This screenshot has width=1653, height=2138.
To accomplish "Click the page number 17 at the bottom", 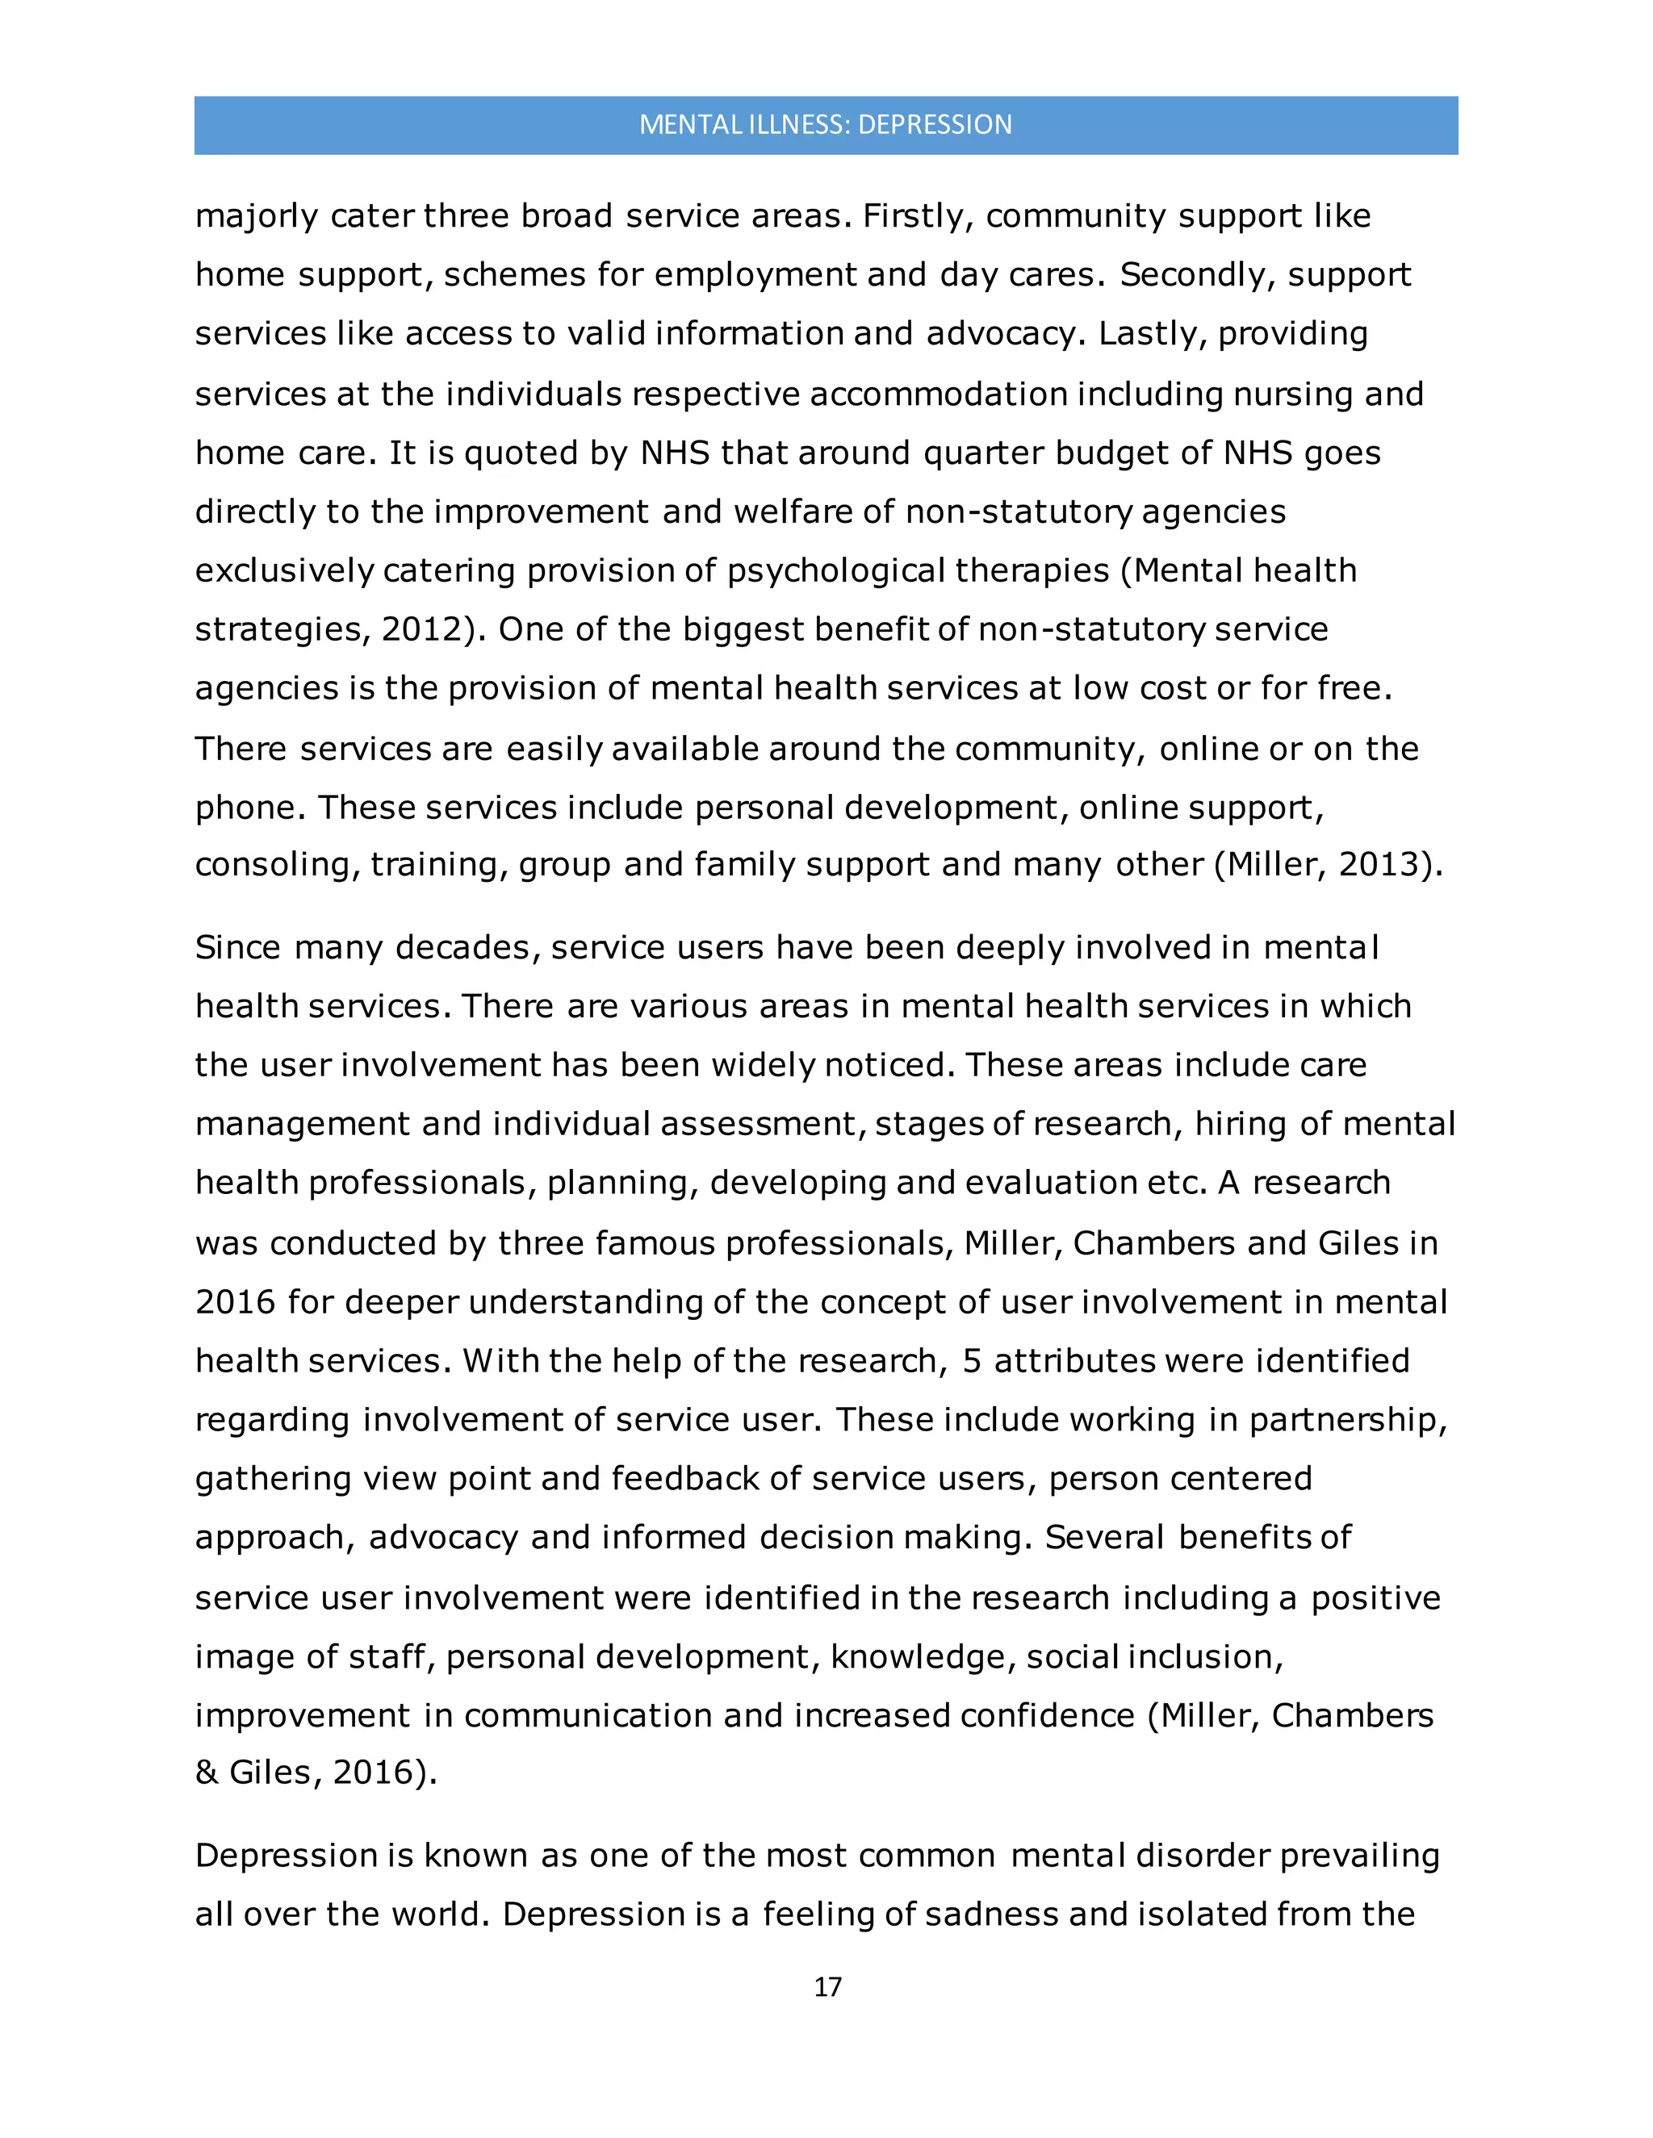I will [x=827, y=1986].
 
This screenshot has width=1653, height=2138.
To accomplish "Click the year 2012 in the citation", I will [x=422, y=628].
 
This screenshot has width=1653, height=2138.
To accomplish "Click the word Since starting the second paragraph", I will [x=237, y=948].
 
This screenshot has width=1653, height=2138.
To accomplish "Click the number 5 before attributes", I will [x=972, y=1361].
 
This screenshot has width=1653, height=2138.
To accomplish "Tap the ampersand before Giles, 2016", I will [x=207, y=1773].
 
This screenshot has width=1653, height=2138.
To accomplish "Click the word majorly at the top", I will [x=257, y=216].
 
